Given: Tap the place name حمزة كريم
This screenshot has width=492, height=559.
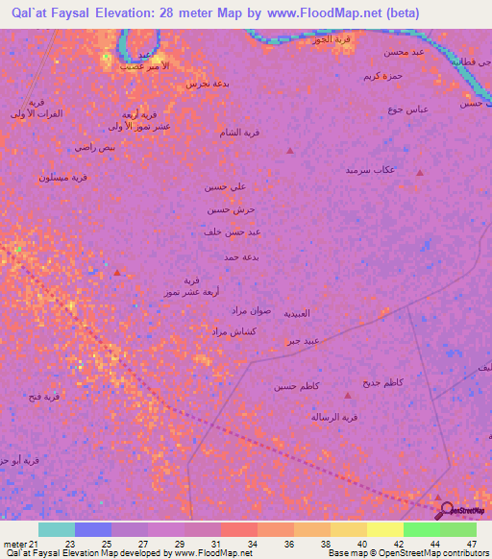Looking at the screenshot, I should [381, 76].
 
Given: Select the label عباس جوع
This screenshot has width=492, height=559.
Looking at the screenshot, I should [407, 109].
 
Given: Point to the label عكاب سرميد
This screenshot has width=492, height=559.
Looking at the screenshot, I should [371, 170].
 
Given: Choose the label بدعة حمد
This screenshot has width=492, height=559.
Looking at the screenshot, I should [243, 257].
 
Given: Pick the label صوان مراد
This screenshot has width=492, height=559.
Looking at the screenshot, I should [253, 310].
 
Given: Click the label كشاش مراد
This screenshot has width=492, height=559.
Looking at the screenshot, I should [231, 331].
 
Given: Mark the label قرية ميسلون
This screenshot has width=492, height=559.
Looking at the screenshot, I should [64, 178].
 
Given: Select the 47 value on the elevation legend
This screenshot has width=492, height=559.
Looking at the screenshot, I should [471, 544].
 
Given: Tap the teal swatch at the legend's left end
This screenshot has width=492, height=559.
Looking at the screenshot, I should [56, 529].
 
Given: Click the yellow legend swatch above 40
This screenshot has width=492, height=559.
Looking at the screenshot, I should [384, 529].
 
